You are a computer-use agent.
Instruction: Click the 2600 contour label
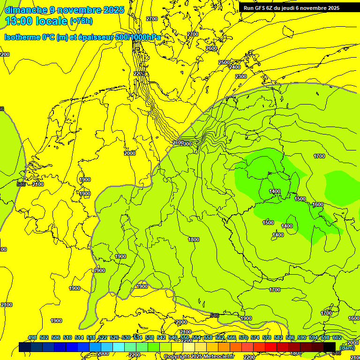[211, 48]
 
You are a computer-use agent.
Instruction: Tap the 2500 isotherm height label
[224, 62]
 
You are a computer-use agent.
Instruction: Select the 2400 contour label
[235, 67]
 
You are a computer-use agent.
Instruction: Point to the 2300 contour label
[241, 76]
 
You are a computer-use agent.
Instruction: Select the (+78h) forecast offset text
[81, 21]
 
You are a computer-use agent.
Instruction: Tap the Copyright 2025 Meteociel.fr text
[199, 356]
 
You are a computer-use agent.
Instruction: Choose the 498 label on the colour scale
[32, 338]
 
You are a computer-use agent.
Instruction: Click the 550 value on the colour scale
[185, 338]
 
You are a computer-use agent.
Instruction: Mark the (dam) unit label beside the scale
[347, 347]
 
